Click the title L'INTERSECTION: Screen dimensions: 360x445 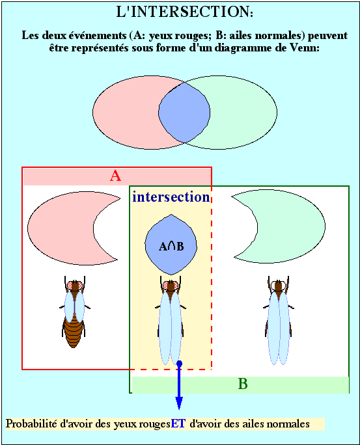pyautogui.click(x=184, y=12)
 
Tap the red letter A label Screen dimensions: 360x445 pyautogui.click(x=116, y=176)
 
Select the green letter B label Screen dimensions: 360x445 pyautogui.click(x=243, y=384)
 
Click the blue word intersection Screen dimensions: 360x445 pyautogui.click(x=171, y=197)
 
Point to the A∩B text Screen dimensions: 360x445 pyautogui.click(x=171, y=247)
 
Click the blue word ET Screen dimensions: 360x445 pyautogui.click(x=178, y=424)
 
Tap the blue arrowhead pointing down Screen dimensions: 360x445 pyautogui.click(x=179, y=403)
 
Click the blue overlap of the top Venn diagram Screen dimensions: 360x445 pyautogui.click(x=184, y=113)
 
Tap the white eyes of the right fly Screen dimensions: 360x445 pyautogui.click(x=278, y=285)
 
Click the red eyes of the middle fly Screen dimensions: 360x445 pyautogui.click(x=171, y=286)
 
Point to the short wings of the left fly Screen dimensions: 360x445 pyautogui.click(x=74, y=307)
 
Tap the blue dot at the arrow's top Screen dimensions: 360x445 pyautogui.click(x=179, y=363)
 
